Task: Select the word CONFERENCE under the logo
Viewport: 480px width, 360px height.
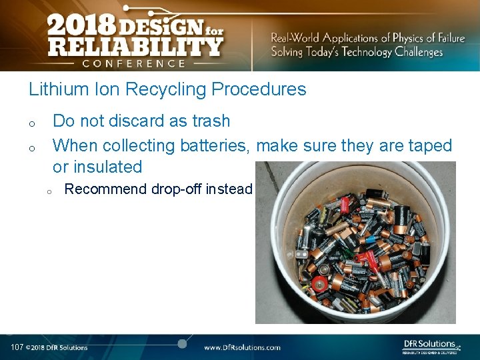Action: (135, 64)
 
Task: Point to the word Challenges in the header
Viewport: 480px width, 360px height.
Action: (417, 52)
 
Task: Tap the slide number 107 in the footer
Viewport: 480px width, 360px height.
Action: (17, 347)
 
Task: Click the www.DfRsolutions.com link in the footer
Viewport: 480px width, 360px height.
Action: (242, 347)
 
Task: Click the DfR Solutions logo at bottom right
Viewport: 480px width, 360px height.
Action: (431, 345)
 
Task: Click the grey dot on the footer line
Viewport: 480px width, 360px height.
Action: (181, 343)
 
